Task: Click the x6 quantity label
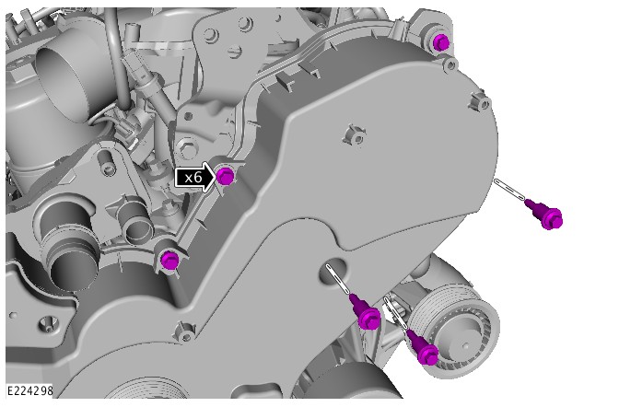(x=193, y=177)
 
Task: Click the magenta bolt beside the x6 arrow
(x=227, y=176)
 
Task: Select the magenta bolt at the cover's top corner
(x=441, y=41)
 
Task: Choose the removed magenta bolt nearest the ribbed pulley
(x=425, y=352)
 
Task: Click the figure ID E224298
(x=29, y=390)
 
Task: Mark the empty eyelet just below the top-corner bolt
(x=450, y=64)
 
